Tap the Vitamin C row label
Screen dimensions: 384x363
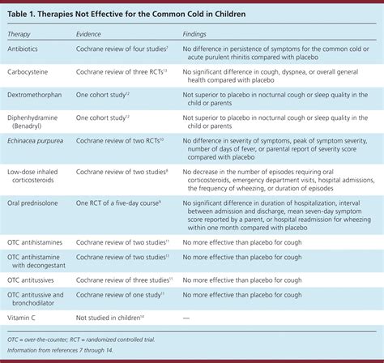pyautogui.click(x=26, y=318)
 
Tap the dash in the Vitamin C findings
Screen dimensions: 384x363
pyautogui.click(x=189, y=318)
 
